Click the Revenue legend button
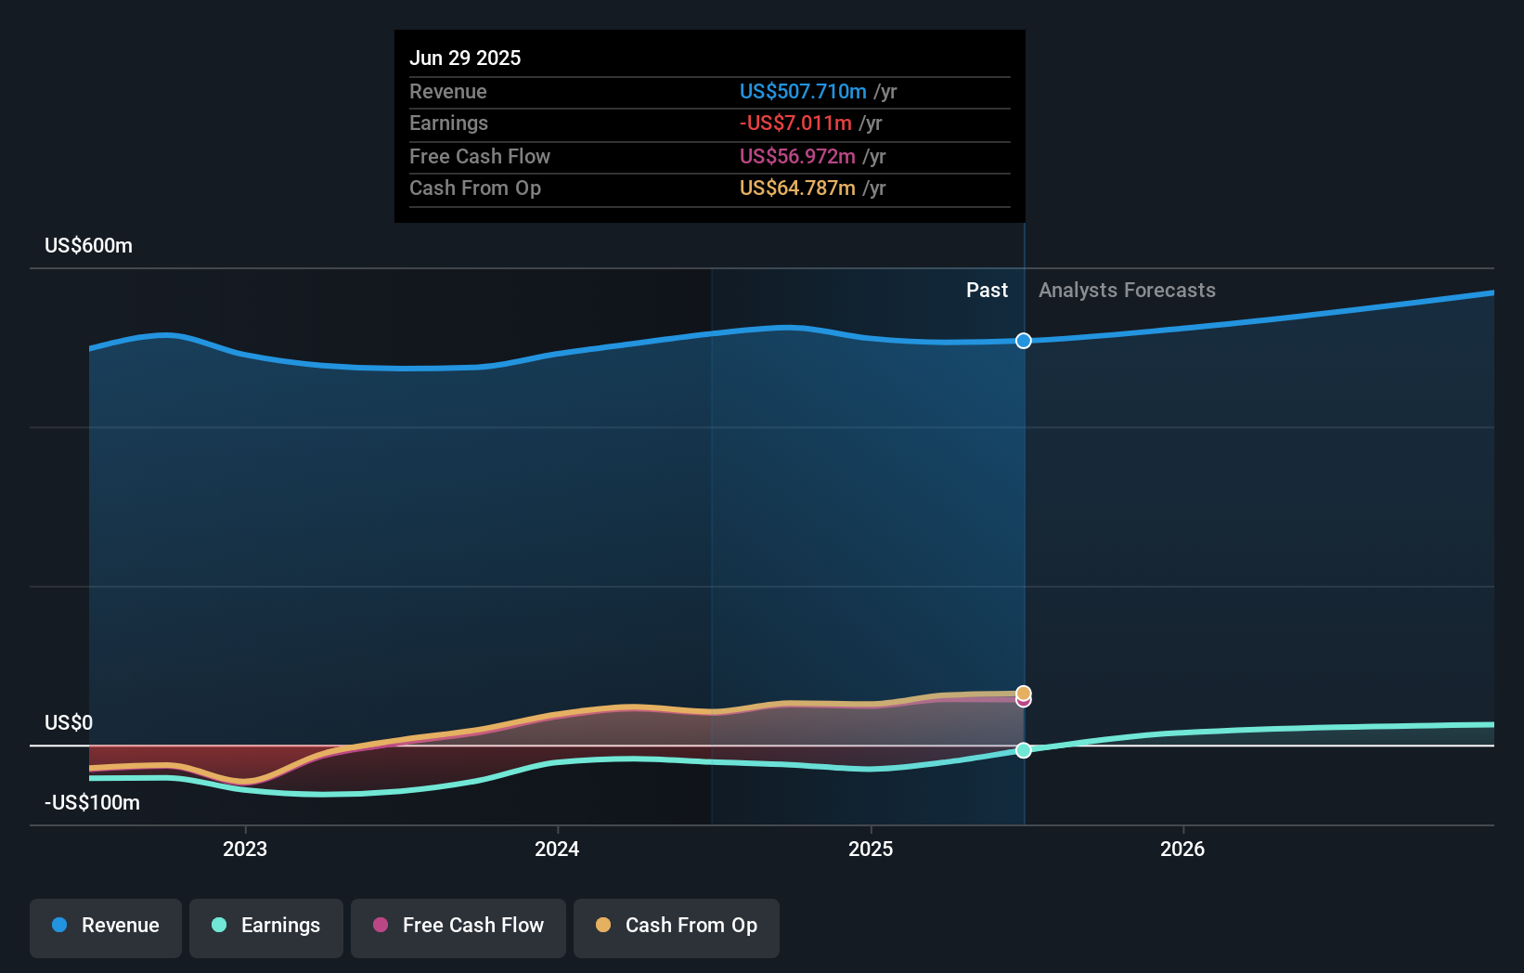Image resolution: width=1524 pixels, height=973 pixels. (106, 926)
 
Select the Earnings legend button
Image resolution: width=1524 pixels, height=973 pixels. (266, 926)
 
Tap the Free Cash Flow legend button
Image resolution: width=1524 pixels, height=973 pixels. (458, 926)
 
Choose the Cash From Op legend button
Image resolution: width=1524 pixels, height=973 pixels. (677, 926)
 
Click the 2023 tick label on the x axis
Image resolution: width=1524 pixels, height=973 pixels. (245, 849)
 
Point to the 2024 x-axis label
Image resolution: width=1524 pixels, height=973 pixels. (557, 849)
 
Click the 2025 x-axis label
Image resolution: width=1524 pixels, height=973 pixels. (871, 849)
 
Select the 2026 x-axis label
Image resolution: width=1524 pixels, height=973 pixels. (1182, 849)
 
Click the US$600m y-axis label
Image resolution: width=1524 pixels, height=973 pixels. (88, 246)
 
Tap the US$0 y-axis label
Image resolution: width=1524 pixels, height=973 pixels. (69, 723)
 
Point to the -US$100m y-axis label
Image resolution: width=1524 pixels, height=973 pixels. (92, 803)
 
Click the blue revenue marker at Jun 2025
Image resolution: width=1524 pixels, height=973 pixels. (1023, 341)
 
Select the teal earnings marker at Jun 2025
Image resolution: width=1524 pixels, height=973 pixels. (1023, 750)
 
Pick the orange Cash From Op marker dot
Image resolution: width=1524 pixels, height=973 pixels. (1023, 693)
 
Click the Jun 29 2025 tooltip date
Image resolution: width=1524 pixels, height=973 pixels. (465, 58)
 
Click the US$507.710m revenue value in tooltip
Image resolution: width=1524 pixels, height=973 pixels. (803, 91)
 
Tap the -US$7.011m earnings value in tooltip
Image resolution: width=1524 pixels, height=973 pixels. (795, 123)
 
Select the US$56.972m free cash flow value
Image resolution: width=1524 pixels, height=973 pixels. (797, 156)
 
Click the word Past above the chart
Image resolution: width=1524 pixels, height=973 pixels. (987, 291)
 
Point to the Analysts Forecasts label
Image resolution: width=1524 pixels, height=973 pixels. (1127, 291)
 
